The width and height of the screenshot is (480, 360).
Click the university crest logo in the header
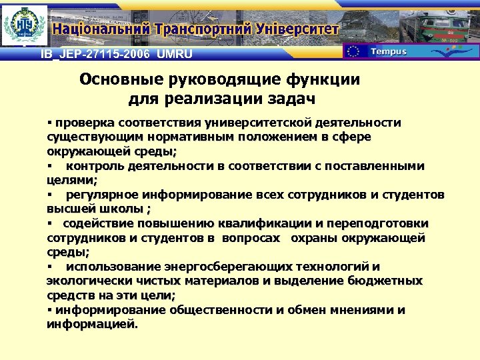(x=25, y=25)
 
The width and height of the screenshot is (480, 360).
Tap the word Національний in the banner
(x=102, y=29)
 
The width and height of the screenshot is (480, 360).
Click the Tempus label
(x=388, y=51)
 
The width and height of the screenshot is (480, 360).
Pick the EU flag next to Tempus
(x=354, y=51)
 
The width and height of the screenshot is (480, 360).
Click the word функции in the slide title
(x=313, y=80)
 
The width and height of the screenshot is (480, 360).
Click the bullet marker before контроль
(x=49, y=166)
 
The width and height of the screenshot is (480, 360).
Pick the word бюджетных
(x=385, y=281)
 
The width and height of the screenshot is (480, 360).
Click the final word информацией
(x=91, y=325)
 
